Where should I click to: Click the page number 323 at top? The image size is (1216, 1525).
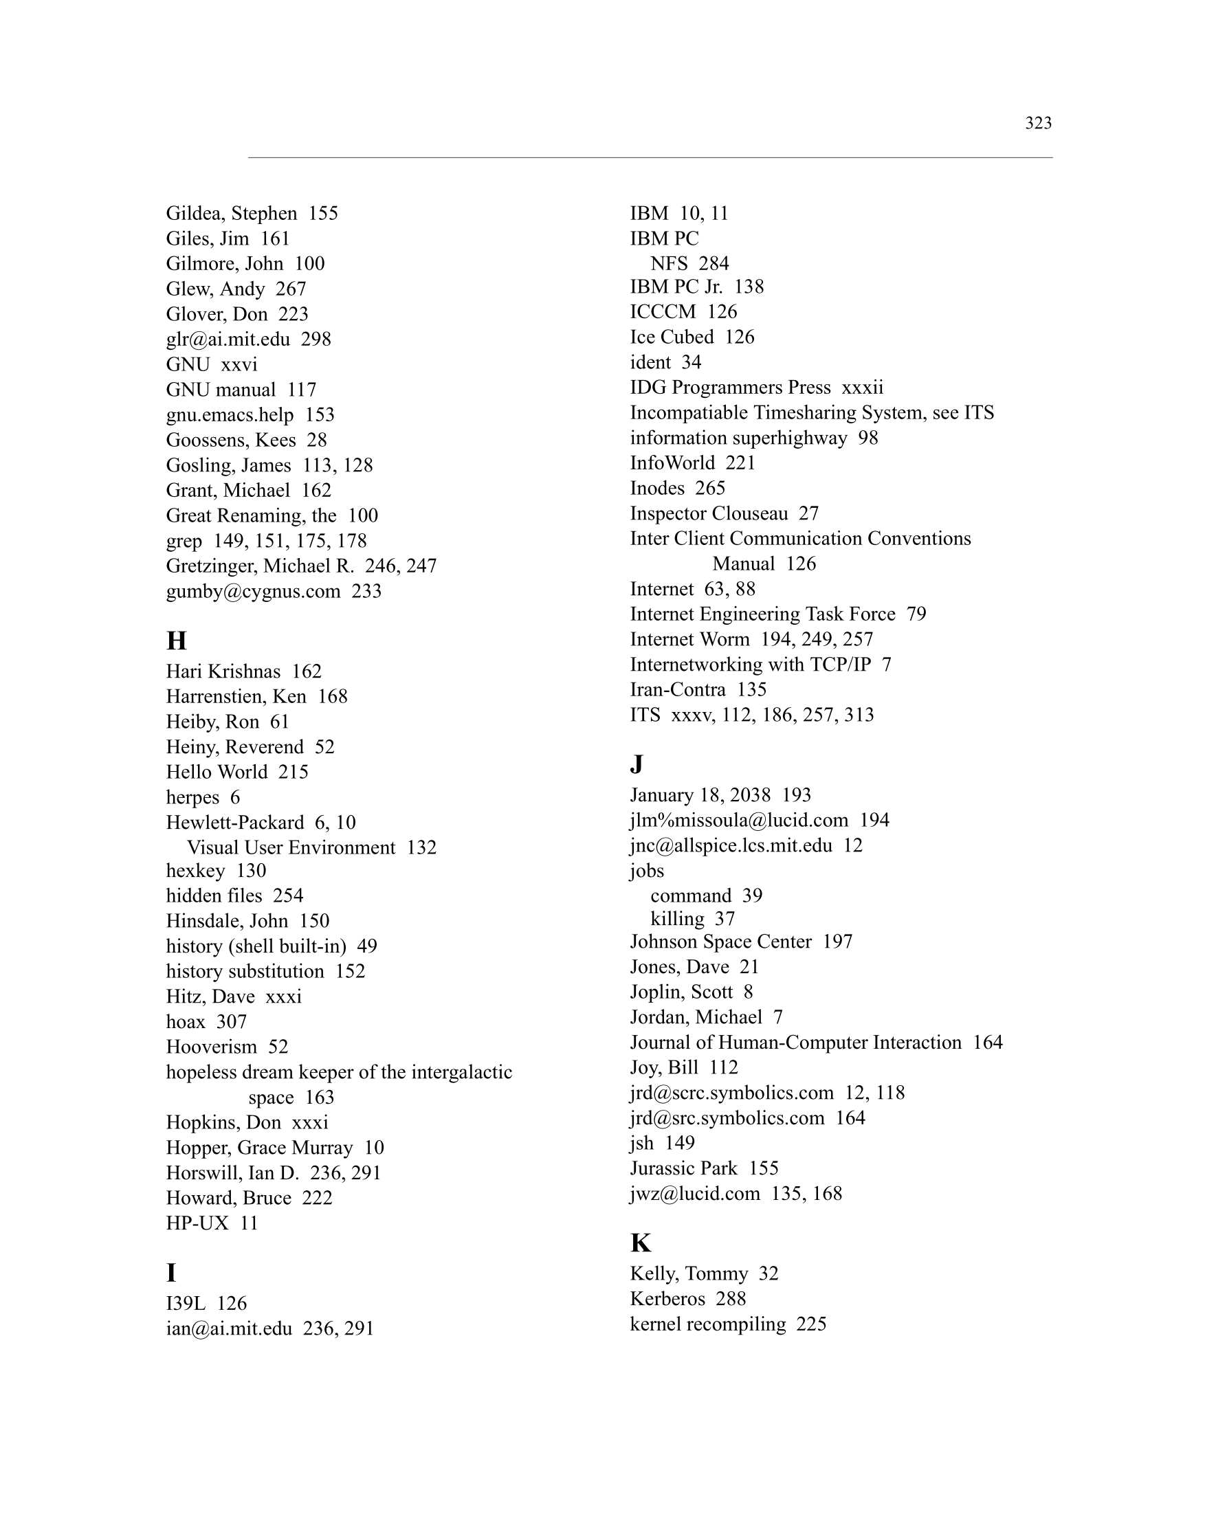coord(1038,123)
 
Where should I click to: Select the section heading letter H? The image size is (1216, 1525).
coord(176,641)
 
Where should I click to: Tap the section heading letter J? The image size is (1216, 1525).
coord(636,765)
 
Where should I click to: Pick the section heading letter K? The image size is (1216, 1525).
coord(640,1243)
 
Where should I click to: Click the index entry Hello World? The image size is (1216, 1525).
coord(217,772)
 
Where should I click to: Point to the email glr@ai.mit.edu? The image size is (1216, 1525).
coord(228,339)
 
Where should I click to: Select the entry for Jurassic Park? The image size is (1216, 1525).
coord(683,1168)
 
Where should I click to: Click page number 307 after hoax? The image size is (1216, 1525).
coord(232,1021)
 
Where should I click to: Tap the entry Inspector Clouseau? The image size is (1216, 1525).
coord(709,513)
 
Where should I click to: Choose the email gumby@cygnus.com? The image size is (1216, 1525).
coord(253,591)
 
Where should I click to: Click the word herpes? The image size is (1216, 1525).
coord(192,797)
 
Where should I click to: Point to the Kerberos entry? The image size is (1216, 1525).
coord(667,1299)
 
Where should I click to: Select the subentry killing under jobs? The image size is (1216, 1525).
coord(677,919)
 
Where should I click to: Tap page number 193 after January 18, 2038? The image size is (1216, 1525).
coord(797,795)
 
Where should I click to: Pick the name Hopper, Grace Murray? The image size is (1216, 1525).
coord(259,1147)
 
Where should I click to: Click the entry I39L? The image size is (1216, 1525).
coord(186,1303)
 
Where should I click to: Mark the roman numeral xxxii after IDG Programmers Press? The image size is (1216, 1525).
coord(862,388)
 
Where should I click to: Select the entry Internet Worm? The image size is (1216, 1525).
coord(689,639)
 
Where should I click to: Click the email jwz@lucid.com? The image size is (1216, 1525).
coord(695,1193)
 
